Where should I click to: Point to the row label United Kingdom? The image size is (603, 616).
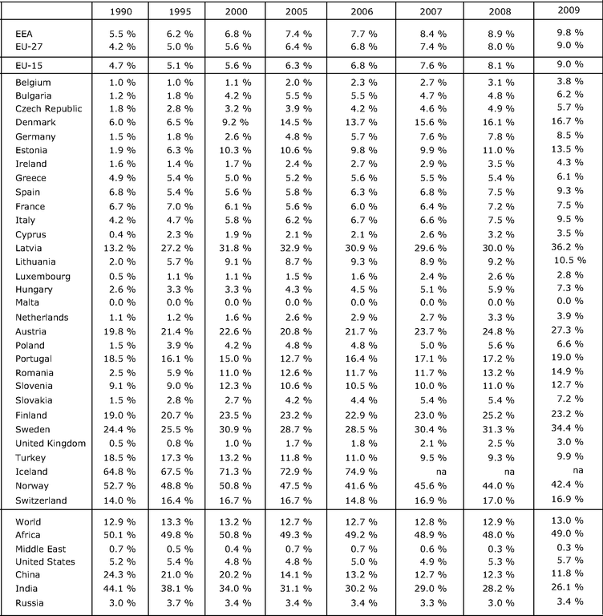click(x=51, y=444)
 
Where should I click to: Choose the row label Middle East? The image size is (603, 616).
click(x=41, y=547)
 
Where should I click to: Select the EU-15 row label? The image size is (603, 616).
click(x=29, y=63)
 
